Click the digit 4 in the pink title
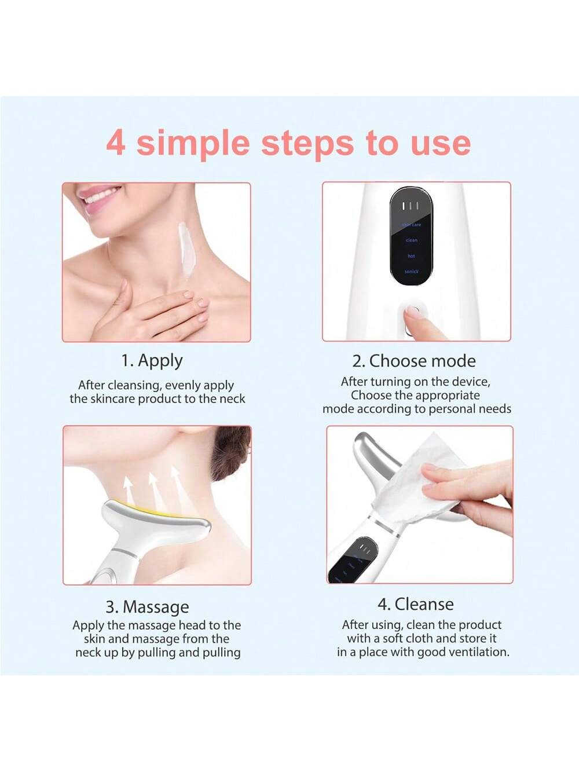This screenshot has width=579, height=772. point(116,142)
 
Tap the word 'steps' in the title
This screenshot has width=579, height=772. point(307,144)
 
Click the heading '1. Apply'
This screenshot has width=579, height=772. point(152,360)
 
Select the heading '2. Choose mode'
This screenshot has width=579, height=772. point(414,361)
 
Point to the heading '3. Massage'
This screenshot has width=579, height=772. point(147,606)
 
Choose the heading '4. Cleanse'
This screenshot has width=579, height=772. point(415,604)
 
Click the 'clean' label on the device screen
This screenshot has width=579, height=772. point(411,240)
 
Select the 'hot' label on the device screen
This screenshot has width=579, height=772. point(411,256)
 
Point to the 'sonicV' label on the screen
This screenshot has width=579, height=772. point(411,271)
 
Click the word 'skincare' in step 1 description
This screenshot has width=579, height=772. point(113,399)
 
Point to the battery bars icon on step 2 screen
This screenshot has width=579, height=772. point(411,206)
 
